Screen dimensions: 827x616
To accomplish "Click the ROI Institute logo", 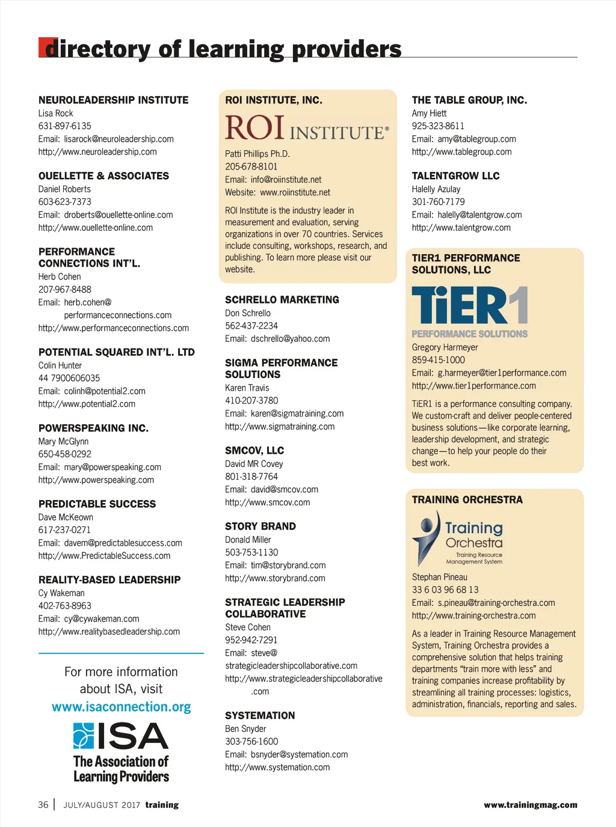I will [x=307, y=127].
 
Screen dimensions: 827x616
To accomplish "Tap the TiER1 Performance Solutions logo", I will [x=469, y=311].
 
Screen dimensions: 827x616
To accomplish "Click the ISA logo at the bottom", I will [x=121, y=752].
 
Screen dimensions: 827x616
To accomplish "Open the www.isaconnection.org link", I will [x=121, y=707].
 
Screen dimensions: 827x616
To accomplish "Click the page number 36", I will [x=43, y=805].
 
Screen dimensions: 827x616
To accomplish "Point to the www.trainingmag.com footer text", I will [x=530, y=805].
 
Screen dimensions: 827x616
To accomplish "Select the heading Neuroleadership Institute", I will [x=113, y=100].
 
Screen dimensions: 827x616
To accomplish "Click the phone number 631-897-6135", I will [x=65, y=126].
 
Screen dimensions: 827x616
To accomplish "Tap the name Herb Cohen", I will [x=60, y=276].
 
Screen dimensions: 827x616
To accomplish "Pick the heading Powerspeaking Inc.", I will [x=93, y=428].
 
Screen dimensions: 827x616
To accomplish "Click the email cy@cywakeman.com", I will [x=102, y=618].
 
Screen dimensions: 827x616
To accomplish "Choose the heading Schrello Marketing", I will [x=282, y=299].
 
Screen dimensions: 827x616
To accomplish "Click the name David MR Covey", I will [x=254, y=463].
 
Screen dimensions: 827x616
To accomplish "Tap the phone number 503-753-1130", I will [x=251, y=552].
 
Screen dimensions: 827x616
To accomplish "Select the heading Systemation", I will [x=260, y=715].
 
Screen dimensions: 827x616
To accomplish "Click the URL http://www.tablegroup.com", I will [x=461, y=152].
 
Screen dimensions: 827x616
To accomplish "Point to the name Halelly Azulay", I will [x=436, y=189].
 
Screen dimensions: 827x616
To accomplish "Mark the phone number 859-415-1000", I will [x=438, y=360].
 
